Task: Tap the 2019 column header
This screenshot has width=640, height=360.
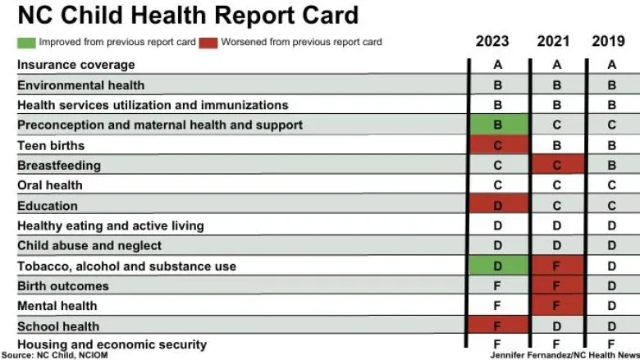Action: pos(612,41)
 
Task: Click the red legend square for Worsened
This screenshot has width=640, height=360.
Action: pos(208,42)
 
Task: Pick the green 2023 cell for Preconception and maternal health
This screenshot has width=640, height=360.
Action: pos(497,125)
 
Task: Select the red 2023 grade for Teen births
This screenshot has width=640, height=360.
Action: pos(497,145)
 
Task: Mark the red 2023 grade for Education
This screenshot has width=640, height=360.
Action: pos(497,206)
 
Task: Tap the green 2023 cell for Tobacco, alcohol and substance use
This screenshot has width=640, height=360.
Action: pos(497,267)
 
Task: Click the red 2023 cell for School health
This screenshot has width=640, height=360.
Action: pos(497,326)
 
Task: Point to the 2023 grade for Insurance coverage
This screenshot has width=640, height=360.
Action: pos(497,65)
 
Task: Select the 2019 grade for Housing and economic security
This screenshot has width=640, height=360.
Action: pos(612,344)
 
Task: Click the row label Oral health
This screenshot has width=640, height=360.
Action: pos(50,185)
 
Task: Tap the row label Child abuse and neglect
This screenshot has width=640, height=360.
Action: pos(89,245)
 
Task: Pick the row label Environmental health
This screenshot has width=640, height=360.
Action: pos(80,84)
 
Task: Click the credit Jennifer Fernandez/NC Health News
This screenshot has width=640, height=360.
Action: pos(565,355)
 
